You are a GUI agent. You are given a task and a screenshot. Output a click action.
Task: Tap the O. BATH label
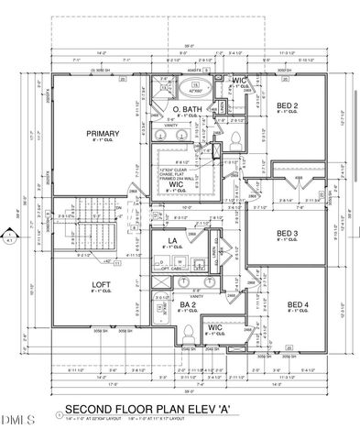tap(187, 110)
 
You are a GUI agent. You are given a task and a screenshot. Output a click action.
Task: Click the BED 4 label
tap(296, 304)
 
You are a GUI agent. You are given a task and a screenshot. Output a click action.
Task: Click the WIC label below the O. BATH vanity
tap(177, 183)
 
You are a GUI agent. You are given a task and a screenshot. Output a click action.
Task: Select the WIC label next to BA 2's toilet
tap(214, 326)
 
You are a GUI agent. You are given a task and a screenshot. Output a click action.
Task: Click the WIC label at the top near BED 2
tap(240, 82)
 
